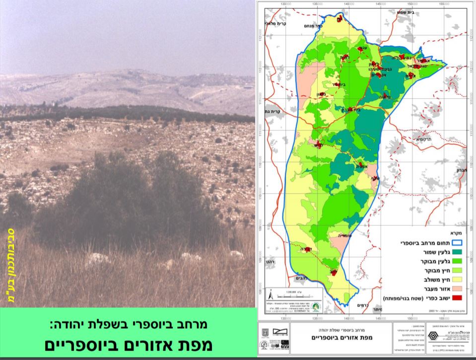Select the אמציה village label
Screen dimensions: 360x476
click(363, 168)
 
